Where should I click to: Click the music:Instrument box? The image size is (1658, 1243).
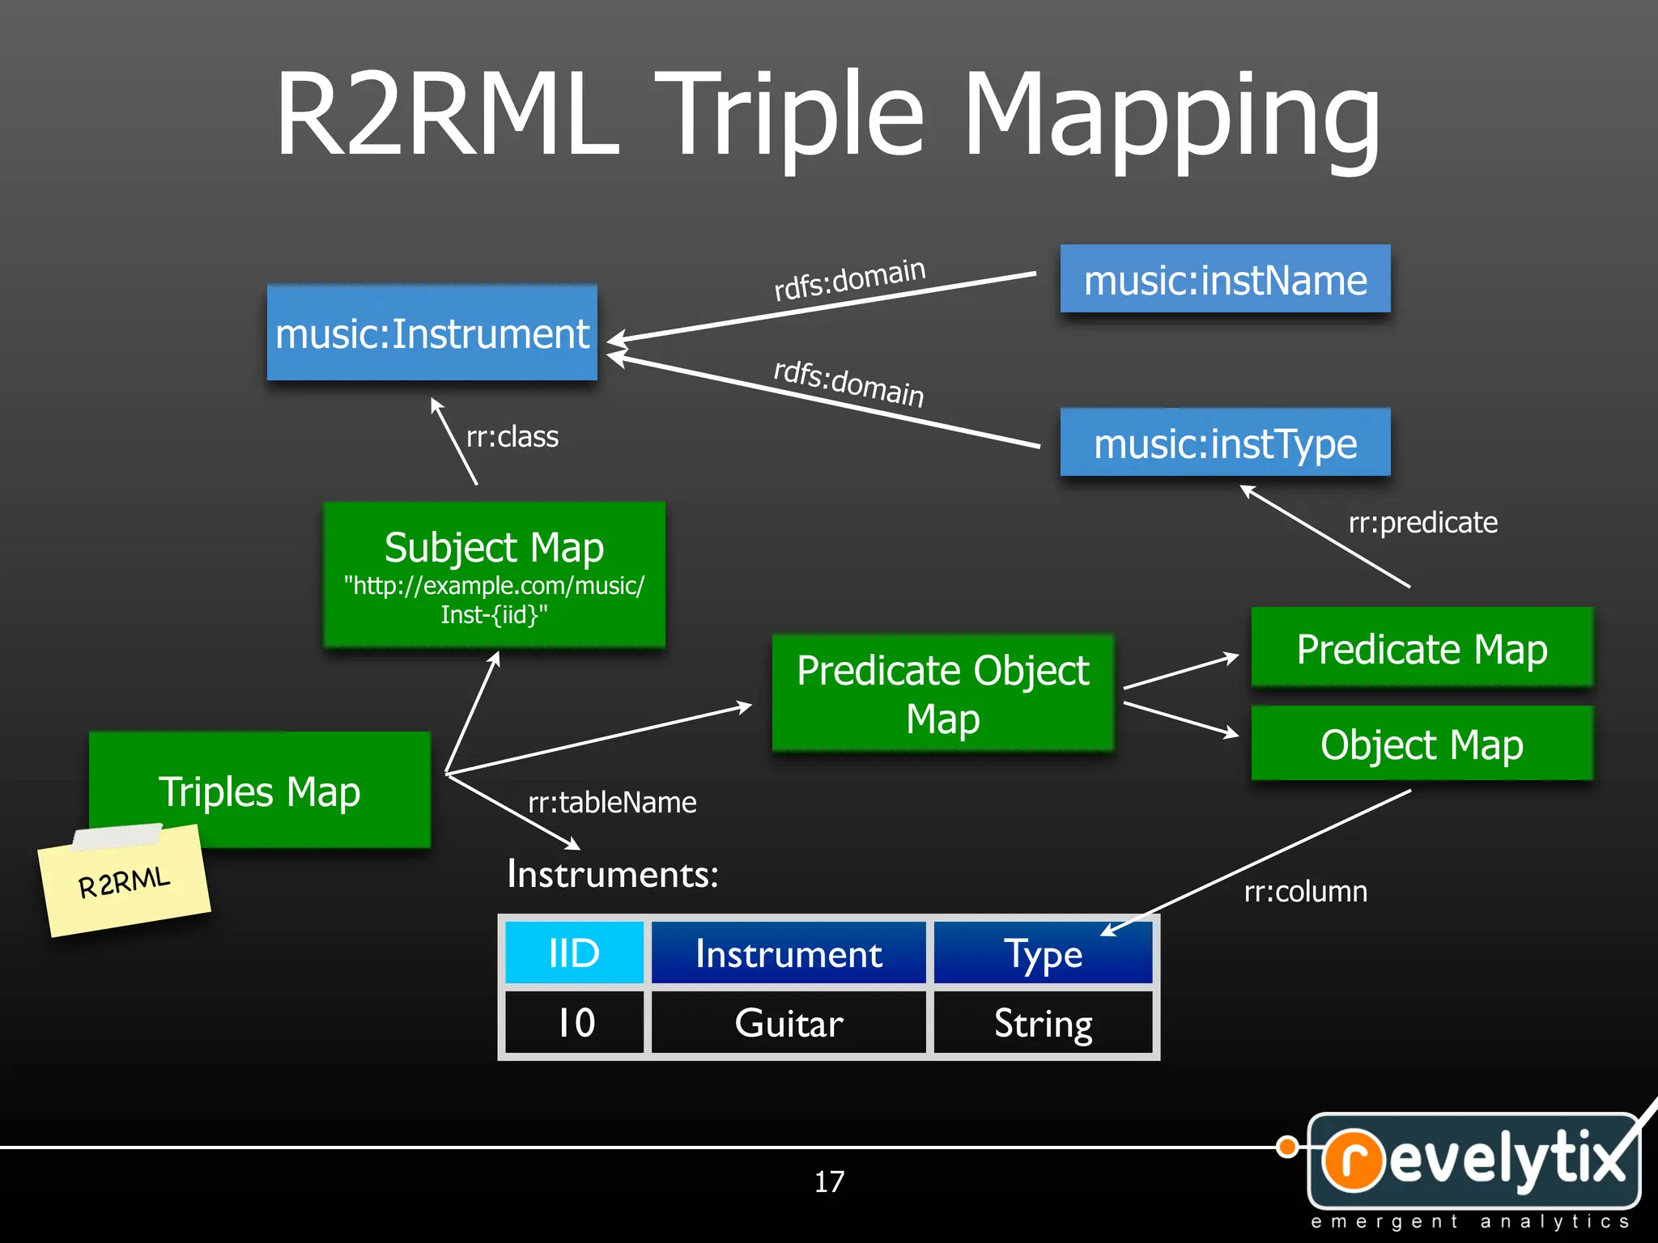coord(432,333)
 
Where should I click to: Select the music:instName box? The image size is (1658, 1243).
coord(1225,279)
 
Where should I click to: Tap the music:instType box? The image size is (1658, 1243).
coord(1225,443)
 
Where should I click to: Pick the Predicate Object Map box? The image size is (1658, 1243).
coord(942,694)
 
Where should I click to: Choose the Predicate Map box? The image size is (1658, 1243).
coord(1422,648)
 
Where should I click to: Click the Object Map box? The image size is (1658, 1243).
coord(1422,744)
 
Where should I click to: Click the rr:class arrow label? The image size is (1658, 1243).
coord(512,437)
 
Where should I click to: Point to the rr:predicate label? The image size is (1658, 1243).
coord(1422,523)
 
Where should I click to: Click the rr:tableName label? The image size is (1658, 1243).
coord(612,803)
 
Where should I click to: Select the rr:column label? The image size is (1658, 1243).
coord(1305,892)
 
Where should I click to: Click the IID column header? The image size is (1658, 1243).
coord(574,953)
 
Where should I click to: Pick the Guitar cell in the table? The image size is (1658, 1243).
coord(789,1023)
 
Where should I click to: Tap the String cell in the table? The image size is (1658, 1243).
coord(1043,1023)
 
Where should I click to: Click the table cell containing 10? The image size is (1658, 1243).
coord(574,1023)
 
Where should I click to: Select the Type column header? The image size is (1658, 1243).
coord(1043,953)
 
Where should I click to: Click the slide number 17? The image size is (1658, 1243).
coord(829,1181)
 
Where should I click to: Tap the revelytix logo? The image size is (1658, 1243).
coord(1473,1161)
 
